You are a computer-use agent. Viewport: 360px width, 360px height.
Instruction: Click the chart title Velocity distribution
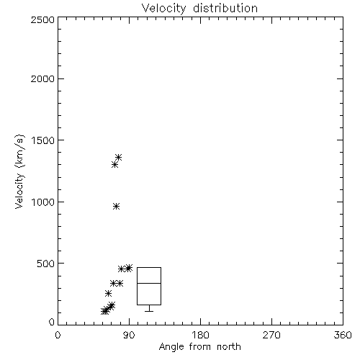pos(199,8)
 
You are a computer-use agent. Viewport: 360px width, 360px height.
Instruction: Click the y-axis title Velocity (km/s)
pos(19,171)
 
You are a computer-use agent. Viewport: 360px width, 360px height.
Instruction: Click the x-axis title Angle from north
pos(199,347)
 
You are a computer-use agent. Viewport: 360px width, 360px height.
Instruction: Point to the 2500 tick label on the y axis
pos(42,19)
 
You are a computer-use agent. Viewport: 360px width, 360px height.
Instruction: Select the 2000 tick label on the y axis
pos(42,78)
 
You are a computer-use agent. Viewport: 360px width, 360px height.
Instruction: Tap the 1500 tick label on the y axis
pos(43,140)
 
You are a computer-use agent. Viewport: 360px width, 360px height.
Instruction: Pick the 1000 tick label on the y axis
pos(43,202)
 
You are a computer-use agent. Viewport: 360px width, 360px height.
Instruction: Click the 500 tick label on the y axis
pos(46,264)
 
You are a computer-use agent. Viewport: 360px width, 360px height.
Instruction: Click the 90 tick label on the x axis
pos(129,335)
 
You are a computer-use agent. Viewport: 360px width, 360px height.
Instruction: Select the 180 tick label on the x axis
pos(200,335)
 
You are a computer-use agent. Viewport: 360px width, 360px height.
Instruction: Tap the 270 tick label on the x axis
pos(271,335)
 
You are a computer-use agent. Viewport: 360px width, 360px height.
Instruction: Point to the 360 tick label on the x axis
pos(343,335)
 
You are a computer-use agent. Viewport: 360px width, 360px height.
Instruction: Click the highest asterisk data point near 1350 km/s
pos(119,158)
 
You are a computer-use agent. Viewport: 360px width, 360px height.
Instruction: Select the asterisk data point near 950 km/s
pos(117,207)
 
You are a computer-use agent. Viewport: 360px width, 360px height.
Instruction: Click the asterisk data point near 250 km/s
pos(108,293)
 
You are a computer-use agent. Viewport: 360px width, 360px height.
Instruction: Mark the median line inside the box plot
pos(149,283)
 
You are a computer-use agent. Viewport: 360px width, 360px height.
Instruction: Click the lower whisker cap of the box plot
pos(149,311)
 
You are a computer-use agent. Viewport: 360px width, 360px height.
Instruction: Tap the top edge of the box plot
pos(149,267)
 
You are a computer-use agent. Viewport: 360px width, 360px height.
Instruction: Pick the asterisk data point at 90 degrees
pos(129,268)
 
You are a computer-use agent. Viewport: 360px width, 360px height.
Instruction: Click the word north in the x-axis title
pos(229,347)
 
